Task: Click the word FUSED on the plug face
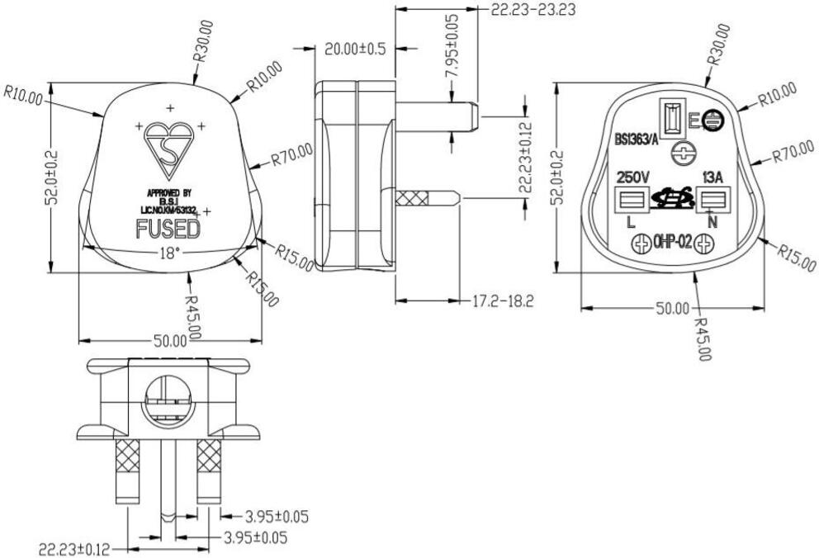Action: (168, 229)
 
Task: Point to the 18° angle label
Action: (169, 254)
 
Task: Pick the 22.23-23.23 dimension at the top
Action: (533, 10)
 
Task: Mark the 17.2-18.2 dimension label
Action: (501, 301)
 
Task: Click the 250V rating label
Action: (632, 177)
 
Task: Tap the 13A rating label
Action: (712, 177)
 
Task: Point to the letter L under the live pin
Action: (631, 222)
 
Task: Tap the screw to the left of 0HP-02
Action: (641, 244)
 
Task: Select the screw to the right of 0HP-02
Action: (704, 244)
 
